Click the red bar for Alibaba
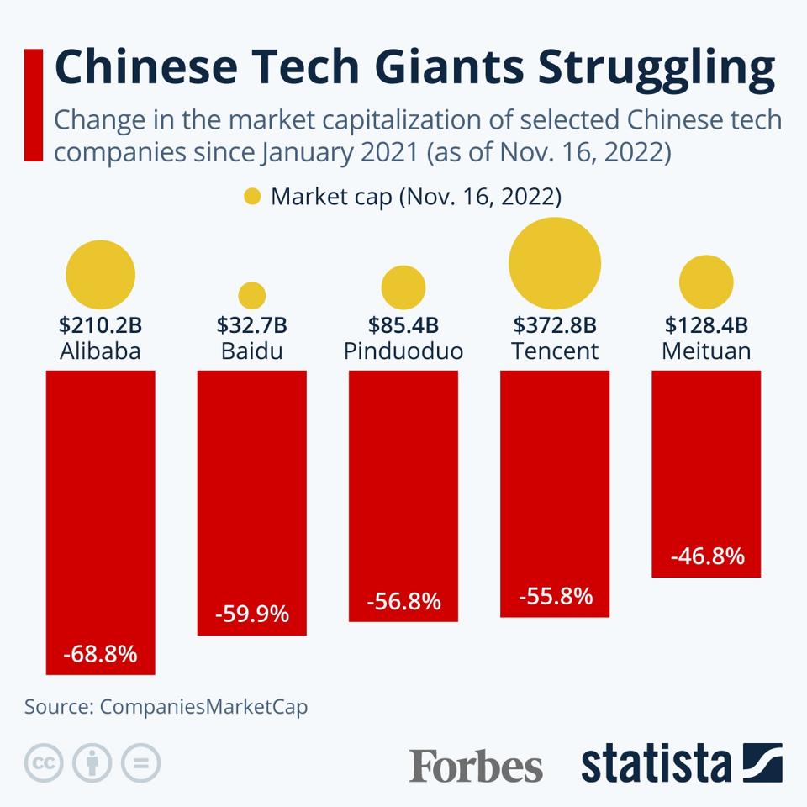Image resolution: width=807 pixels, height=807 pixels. tap(101, 504)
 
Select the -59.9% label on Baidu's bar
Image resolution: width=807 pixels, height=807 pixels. tap(252, 614)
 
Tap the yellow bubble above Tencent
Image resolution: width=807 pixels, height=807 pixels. tap(555, 262)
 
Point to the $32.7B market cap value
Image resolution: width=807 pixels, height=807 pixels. tap(252, 324)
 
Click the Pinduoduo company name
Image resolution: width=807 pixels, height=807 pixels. tap(403, 351)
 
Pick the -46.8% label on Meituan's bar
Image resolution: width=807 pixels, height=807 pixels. tap(707, 556)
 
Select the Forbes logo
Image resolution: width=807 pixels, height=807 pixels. tap(476, 765)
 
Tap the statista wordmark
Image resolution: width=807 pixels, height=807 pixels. tap(656, 763)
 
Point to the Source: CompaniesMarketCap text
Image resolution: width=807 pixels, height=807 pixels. tap(166, 707)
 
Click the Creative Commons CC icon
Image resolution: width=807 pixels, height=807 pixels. tap(44, 763)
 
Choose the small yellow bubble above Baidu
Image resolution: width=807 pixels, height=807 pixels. tap(252, 295)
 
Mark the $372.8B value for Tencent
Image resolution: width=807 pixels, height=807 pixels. tap(555, 324)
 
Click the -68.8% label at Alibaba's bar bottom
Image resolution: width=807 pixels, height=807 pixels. tap(101, 653)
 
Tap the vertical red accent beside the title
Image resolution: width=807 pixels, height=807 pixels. tap(33, 105)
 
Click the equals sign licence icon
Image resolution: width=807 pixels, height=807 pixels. tap(140, 763)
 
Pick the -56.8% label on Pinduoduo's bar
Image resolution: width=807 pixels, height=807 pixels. tap(403, 602)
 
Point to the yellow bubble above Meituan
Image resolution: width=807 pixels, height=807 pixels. tap(706, 282)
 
